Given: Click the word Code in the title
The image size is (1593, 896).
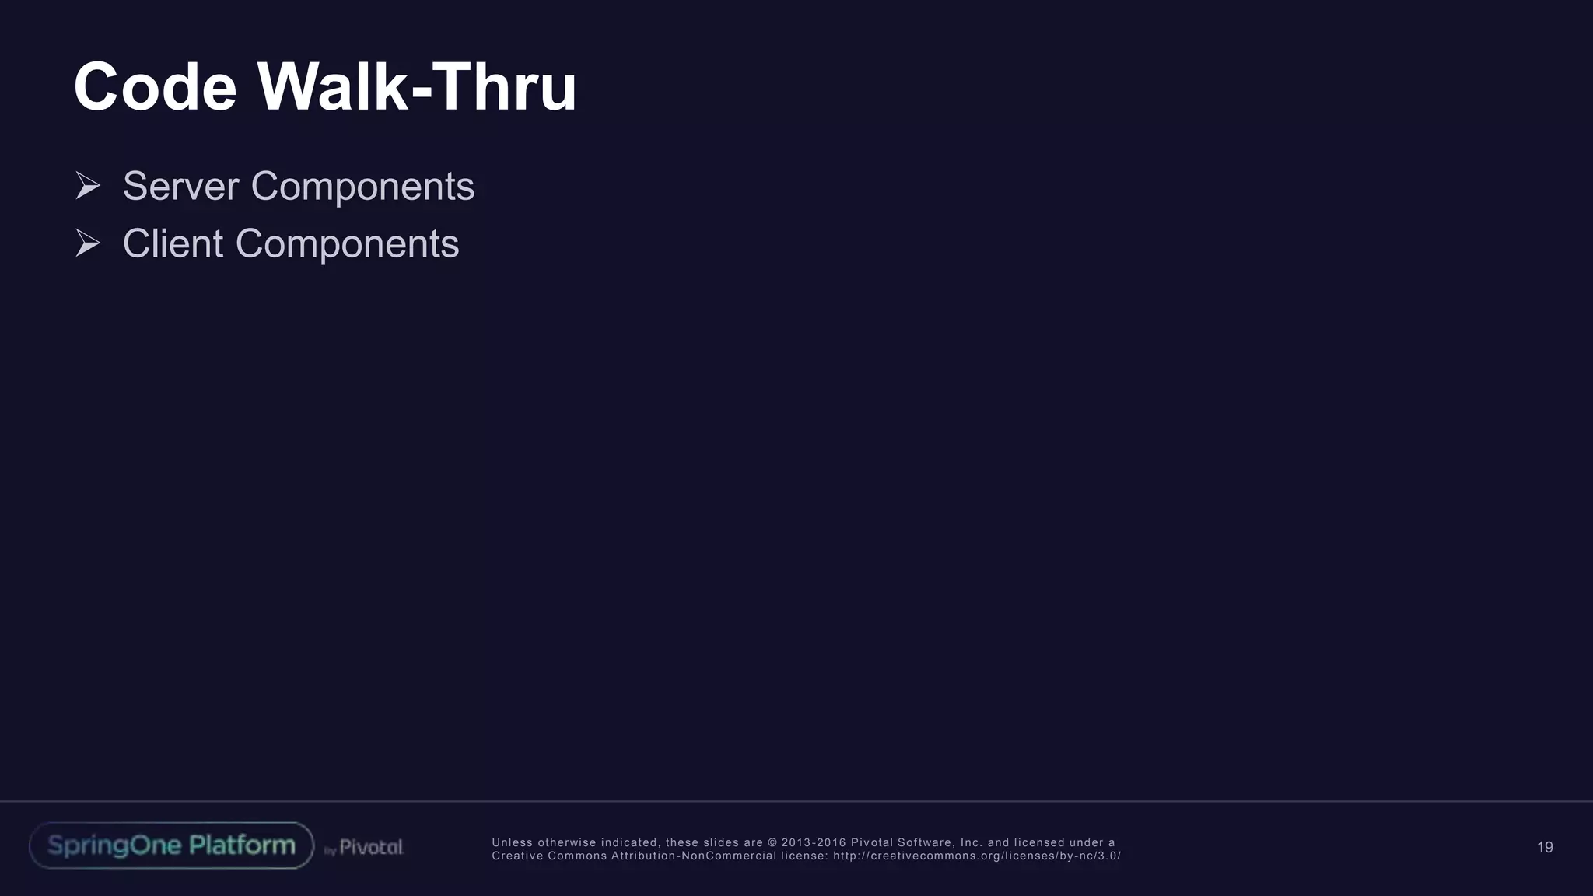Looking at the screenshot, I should click(155, 87).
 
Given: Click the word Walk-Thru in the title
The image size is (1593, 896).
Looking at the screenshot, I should click(417, 87).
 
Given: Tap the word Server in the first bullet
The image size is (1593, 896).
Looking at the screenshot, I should click(180, 187).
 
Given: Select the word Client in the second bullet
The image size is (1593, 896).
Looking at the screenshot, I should click(173, 244).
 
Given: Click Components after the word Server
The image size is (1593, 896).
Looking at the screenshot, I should click(362, 187).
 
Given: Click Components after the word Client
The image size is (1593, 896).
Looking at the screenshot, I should click(347, 244).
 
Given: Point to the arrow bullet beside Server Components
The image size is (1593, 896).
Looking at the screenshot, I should click(88, 186).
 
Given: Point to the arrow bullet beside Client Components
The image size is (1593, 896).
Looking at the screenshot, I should click(88, 243).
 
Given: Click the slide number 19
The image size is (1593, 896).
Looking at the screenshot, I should click(1545, 847).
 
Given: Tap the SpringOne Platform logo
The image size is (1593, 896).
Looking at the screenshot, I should click(171, 845).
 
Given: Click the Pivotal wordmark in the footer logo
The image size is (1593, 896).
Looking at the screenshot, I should click(371, 847).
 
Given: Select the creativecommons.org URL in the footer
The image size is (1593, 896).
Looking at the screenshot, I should click(977, 856).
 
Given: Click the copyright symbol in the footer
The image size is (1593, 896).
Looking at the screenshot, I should click(772, 843).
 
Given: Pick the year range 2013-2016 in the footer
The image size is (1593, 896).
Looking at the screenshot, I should click(814, 843).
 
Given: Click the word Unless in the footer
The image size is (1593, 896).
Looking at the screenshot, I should click(512, 843).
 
